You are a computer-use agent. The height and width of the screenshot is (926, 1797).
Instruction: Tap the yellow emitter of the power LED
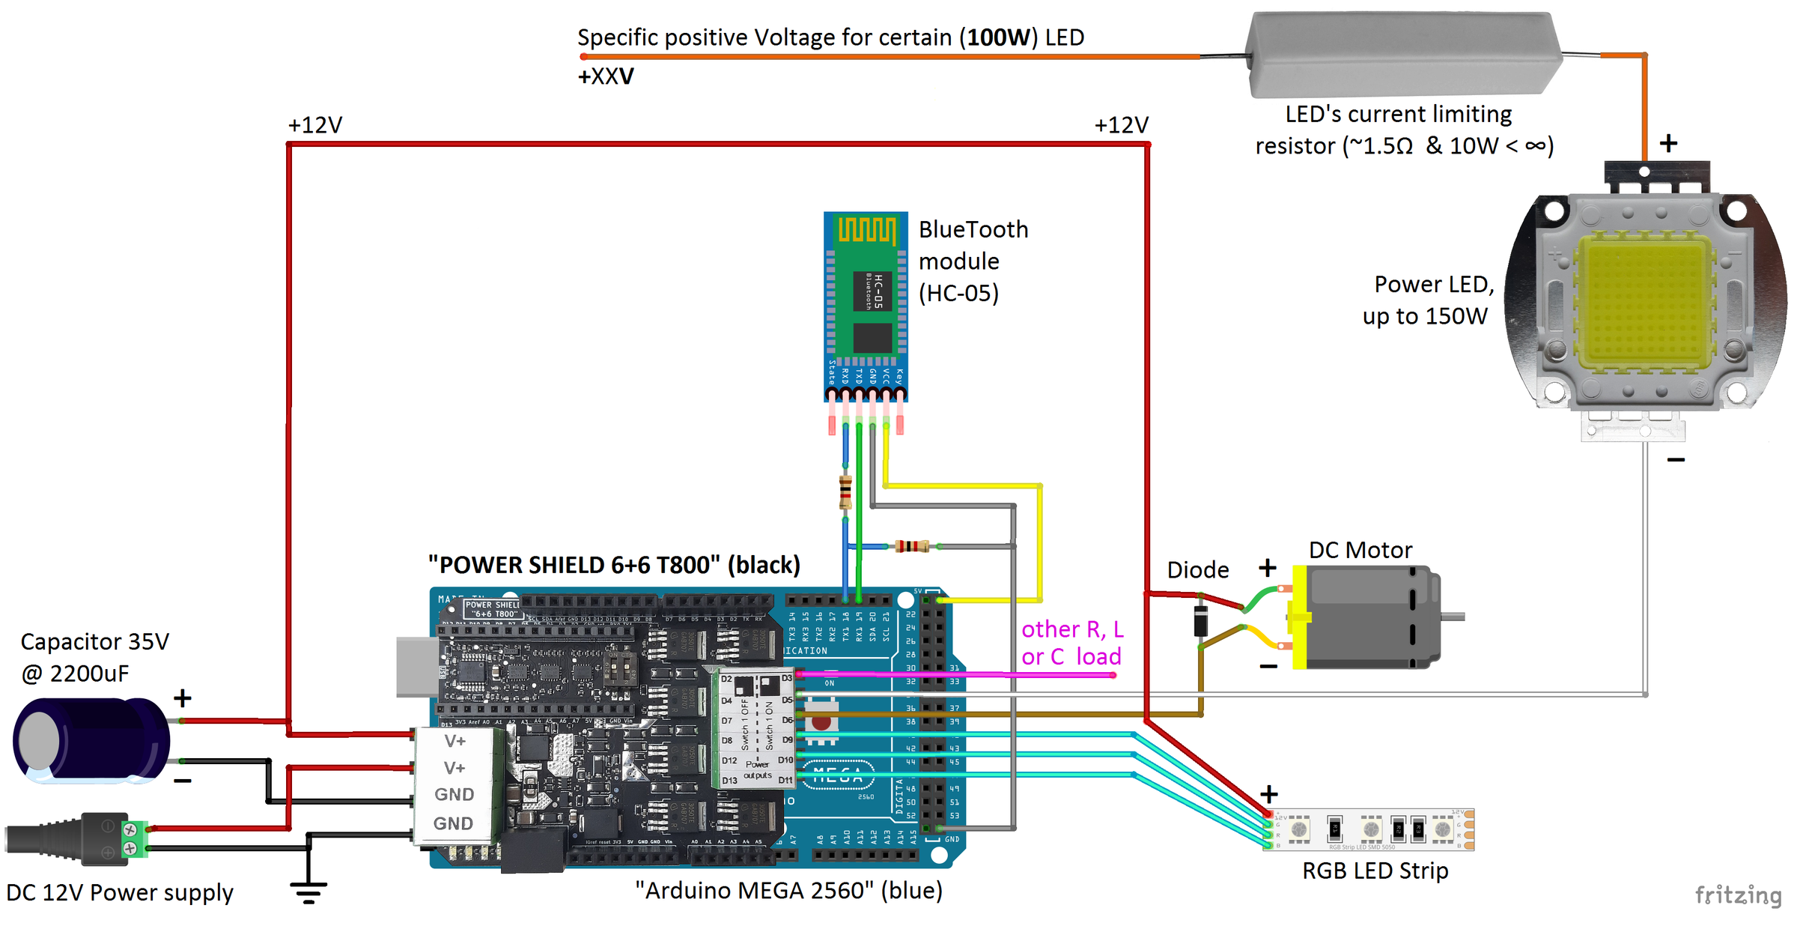(x=1644, y=300)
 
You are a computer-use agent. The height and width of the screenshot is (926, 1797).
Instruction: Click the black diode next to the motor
(x=1200, y=620)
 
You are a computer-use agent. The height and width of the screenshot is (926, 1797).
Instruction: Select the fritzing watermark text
(x=1737, y=895)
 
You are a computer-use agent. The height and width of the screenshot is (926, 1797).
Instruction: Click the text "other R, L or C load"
(x=1071, y=643)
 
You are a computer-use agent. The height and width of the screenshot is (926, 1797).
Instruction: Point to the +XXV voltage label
(x=605, y=76)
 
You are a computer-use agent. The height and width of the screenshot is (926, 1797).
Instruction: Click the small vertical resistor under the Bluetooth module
(x=845, y=491)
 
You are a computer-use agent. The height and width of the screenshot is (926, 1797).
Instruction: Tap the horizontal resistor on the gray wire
(x=912, y=546)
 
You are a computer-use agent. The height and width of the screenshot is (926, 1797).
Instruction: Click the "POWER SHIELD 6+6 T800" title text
(x=614, y=565)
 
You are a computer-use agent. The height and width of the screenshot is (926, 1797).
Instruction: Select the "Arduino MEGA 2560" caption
(x=788, y=891)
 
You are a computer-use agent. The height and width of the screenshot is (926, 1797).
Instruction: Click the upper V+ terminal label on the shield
(x=454, y=741)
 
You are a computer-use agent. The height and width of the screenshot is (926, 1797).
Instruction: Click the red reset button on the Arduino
(x=821, y=722)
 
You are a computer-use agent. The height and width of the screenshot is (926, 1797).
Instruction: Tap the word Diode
(x=1197, y=570)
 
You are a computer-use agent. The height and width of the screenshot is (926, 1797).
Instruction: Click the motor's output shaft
(x=1453, y=617)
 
